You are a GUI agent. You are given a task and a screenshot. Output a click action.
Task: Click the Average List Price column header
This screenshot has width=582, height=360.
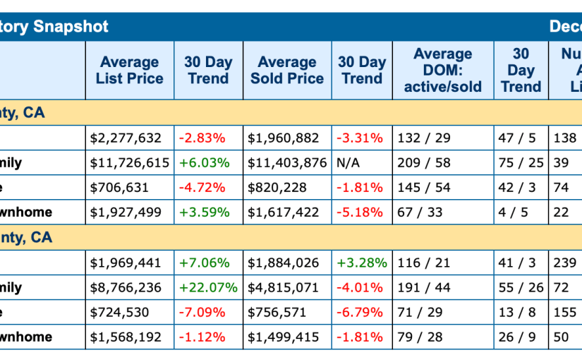coord(129,71)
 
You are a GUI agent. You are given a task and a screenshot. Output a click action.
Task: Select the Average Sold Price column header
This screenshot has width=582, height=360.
coord(287,71)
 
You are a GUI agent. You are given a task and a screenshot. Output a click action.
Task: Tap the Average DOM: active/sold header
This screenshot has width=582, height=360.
coord(442,71)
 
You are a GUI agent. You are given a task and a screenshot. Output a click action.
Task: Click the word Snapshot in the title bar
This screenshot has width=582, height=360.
coord(70,27)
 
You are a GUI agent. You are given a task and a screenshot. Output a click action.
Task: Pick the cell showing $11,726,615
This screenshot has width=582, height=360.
coord(130,163)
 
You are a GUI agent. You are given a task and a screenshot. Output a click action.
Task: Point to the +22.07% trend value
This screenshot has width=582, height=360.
coord(208,288)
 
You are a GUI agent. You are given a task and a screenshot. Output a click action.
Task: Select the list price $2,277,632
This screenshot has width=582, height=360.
coord(126,138)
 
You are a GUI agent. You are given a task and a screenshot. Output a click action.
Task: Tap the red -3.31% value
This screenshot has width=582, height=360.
coord(360,138)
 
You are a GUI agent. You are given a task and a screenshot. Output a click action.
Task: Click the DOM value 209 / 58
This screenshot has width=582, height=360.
coord(424,163)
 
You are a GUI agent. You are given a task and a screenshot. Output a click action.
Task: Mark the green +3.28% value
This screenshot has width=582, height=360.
coord(361,263)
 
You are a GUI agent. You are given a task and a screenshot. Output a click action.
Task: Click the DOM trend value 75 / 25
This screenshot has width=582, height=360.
coord(521,163)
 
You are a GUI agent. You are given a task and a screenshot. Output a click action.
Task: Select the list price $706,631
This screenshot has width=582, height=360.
coord(122,188)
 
